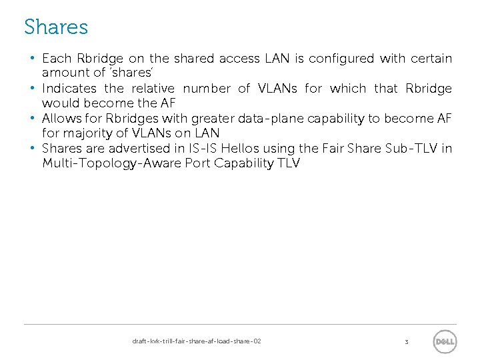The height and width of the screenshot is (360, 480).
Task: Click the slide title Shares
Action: (x=56, y=27)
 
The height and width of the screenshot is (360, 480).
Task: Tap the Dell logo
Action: (x=444, y=342)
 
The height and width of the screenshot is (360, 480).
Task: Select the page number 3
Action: (x=406, y=342)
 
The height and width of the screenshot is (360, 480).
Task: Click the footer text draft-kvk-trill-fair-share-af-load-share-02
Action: (x=197, y=341)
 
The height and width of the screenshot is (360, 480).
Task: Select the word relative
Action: (x=153, y=89)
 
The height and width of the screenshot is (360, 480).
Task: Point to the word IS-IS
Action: (x=207, y=149)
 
